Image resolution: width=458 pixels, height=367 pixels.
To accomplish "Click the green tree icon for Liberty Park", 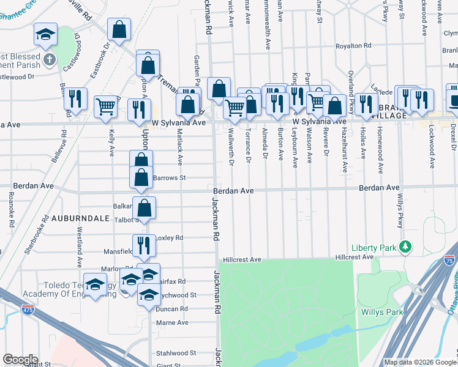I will click(x=404, y=247).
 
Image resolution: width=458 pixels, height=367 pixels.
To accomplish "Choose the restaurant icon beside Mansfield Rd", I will click(x=143, y=245).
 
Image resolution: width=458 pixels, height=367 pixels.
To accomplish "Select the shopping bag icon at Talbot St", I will click(x=144, y=207).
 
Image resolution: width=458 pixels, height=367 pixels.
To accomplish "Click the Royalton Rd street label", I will click(x=353, y=46).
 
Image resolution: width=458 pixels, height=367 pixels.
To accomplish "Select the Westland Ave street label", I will click(x=79, y=248).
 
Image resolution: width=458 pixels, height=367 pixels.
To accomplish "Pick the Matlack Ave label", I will click(x=180, y=152).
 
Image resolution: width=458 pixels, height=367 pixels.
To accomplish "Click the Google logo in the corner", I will click(x=20, y=360).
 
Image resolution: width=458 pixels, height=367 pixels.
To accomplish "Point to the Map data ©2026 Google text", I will click(x=419, y=362).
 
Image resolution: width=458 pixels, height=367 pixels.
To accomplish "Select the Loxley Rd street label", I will click(x=170, y=237).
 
